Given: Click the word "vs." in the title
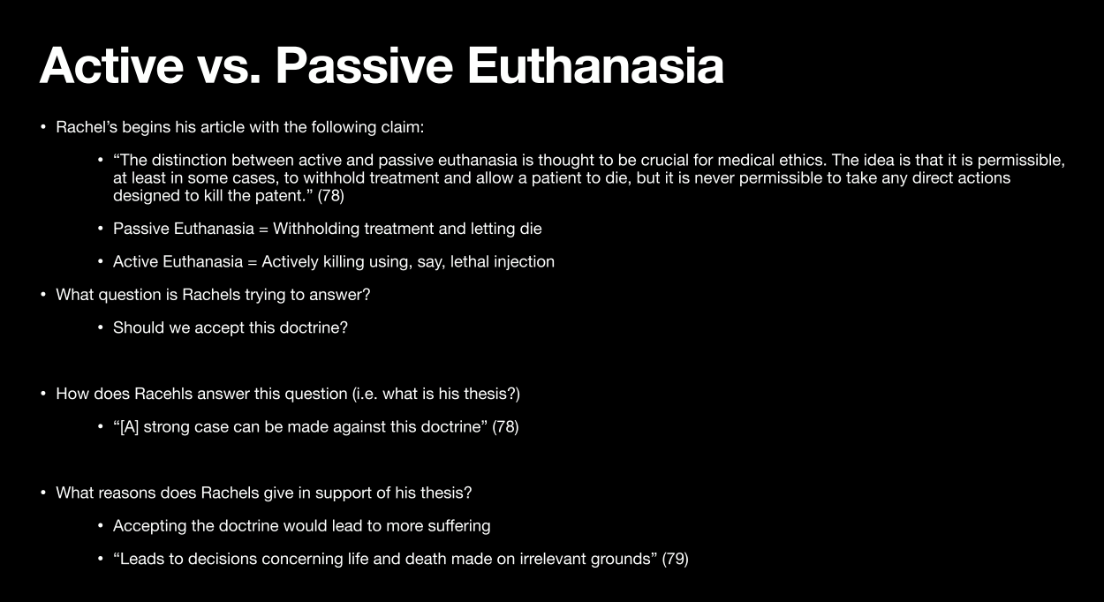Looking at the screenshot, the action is point(229,66).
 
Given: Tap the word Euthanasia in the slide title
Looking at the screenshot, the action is point(595,66).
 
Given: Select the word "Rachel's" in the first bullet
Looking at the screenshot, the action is point(87,127).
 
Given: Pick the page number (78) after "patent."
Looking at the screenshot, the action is point(330,196).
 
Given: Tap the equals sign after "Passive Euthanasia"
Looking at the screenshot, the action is point(263,230).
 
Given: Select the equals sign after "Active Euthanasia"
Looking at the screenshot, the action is point(253,262).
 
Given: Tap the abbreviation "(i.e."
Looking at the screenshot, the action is point(365,394).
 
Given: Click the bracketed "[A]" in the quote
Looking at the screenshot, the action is point(129,426).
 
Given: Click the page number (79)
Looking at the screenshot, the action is point(676,559).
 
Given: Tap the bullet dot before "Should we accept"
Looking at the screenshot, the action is point(101,327).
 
